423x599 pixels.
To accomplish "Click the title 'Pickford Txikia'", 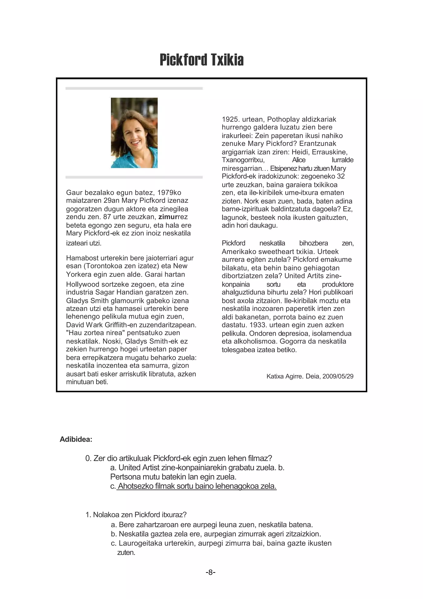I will pyautogui.click(x=201, y=60).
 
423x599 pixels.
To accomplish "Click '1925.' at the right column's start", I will pyautogui.click(x=231, y=119).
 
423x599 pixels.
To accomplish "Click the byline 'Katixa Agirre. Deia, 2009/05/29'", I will pyautogui.click(x=310, y=376).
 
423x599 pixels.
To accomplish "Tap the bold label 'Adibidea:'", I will pyautogui.click(x=76, y=439).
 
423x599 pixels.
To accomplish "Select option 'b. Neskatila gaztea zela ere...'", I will pyautogui.click(x=216, y=534).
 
